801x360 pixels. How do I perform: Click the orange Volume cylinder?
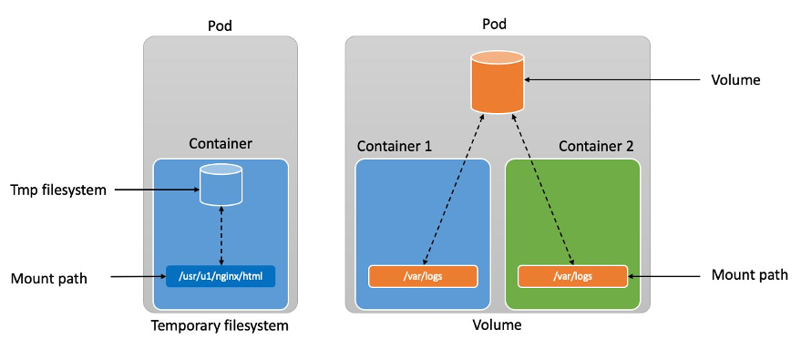(x=498, y=81)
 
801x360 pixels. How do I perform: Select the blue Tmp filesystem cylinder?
(x=221, y=186)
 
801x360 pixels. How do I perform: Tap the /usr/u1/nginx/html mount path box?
(x=221, y=275)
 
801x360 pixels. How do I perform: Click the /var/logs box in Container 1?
(x=423, y=275)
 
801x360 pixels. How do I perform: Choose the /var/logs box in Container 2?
(x=572, y=275)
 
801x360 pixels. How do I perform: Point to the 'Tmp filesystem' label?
(x=58, y=190)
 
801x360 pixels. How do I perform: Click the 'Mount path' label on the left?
(x=48, y=278)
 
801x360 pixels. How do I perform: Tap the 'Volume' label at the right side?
(x=735, y=80)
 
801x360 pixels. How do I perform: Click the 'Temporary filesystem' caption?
(x=221, y=325)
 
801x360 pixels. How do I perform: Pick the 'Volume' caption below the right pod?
(x=497, y=325)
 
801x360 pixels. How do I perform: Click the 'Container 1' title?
(x=395, y=146)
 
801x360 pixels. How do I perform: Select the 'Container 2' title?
(x=596, y=146)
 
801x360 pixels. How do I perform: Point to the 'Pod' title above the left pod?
(x=221, y=25)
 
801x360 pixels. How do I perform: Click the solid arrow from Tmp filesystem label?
(x=159, y=190)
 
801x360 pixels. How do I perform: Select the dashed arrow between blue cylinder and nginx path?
(x=221, y=235)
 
